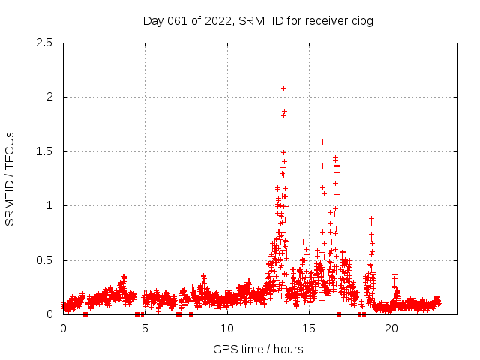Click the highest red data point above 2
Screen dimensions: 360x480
tap(283, 88)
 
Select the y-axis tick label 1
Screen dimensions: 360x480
tap(49, 205)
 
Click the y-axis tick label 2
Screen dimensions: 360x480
tap(49, 97)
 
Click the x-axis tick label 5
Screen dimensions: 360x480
tap(145, 328)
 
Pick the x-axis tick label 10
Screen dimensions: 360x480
tap(226, 328)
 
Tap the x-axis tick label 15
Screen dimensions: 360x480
tap(308, 328)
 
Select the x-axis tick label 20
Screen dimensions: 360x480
tap(391, 328)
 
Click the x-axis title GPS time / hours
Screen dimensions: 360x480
tap(258, 349)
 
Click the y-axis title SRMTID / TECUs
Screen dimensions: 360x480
tap(10, 178)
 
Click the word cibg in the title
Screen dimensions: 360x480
tap(361, 21)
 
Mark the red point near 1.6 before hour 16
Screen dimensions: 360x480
tap(322, 142)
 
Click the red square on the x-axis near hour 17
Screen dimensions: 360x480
tap(340, 314)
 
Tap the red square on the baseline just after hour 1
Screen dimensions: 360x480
tap(85, 314)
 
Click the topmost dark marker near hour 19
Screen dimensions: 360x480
tap(371, 217)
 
